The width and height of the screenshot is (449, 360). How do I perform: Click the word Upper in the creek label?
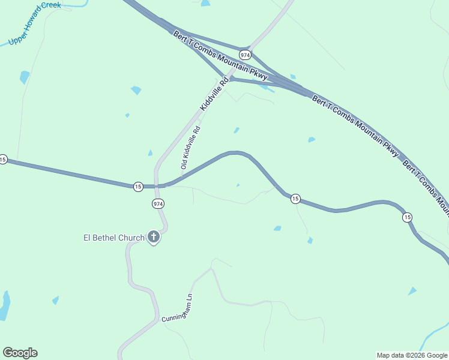coord(17,41)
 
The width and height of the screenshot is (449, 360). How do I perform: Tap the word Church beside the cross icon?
coord(131,238)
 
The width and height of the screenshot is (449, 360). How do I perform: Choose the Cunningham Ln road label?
coord(177,308)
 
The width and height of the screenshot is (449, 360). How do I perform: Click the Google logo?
coord(20,353)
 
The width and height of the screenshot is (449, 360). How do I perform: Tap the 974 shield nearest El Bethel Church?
coord(157,204)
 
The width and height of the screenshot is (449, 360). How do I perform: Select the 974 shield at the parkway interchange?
coord(244,54)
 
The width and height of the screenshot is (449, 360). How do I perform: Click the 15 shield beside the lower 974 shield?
coord(138,187)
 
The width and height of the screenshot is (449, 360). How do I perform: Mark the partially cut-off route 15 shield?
coord(2,160)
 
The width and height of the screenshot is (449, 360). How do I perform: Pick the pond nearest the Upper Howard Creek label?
coord(25,77)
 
